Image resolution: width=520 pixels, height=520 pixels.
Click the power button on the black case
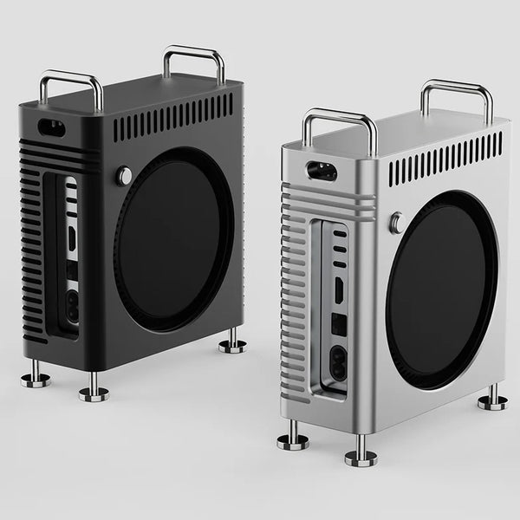pyautogui.click(x=126, y=176)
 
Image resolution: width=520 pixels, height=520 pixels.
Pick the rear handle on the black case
pyautogui.click(x=194, y=57)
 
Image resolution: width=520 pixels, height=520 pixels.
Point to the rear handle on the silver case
pyautogui.click(x=457, y=94)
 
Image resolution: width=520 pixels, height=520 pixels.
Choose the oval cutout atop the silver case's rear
pyautogui.click(x=319, y=170)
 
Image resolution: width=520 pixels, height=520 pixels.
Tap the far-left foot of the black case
pyautogui.click(x=35, y=376)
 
